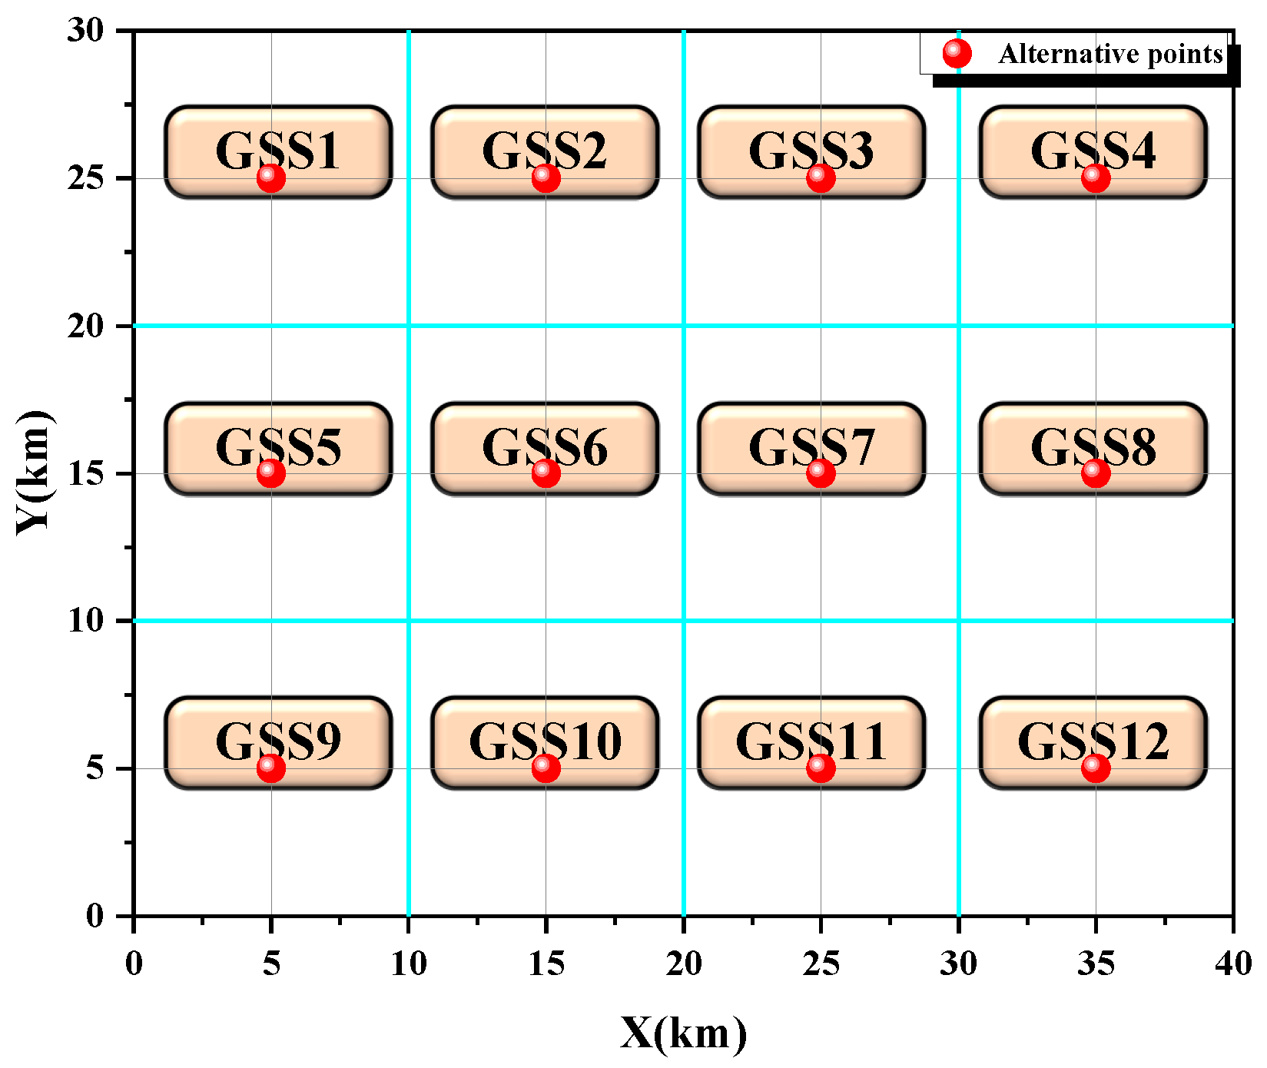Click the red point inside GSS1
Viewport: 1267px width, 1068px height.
coord(270,177)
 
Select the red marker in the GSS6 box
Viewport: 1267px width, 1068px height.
coord(546,473)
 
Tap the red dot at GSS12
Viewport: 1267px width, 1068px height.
coord(1095,767)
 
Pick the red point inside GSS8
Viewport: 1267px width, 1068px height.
coord(1095,473)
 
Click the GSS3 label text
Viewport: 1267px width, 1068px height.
coord(811,151)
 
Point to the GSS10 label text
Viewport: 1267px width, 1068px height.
coord(545,741)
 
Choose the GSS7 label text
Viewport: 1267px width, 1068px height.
coord(811,446)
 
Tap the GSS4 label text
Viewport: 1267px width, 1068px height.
coord(1093,151)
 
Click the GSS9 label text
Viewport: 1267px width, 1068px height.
coord(278,741)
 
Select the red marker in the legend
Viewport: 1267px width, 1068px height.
coord(957,53)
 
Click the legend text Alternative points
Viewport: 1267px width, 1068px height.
coord(1110,54)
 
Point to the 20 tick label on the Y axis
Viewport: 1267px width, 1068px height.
coord(85,326)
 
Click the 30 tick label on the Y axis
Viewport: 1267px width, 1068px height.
coord(85,31)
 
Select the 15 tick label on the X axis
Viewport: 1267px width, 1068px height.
coord(546,964)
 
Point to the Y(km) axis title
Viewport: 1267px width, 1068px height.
coord(35,473)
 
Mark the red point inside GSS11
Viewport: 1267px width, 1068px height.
coord(821,767)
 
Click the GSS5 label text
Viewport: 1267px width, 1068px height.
coord(278,446)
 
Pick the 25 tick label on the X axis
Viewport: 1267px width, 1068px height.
coord(821,964)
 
